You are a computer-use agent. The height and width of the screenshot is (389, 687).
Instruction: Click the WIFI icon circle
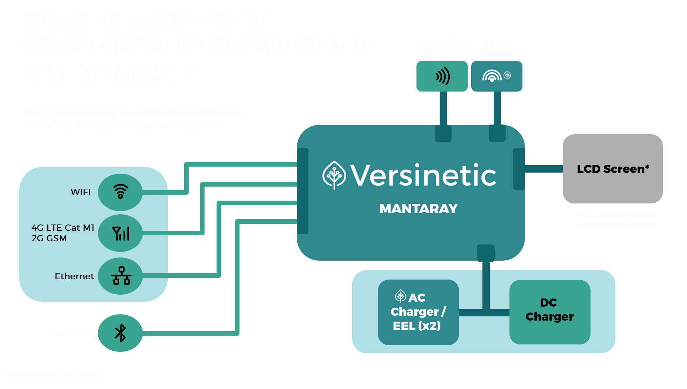point(120,192)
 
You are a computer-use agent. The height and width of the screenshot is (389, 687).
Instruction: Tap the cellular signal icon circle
point(120,233)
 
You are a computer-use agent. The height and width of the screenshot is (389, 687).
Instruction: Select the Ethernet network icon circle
point(120,276)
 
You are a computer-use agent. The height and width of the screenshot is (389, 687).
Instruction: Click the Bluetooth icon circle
point(120,333)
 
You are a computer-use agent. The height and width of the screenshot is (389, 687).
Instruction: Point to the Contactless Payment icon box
point(442,76)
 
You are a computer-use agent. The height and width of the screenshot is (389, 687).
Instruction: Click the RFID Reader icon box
point(496,76)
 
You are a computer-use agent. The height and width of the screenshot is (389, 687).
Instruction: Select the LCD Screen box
point(613,169)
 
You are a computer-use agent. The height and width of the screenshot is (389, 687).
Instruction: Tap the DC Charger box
point(549,312)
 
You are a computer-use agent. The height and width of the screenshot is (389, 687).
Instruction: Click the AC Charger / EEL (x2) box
point(418,312)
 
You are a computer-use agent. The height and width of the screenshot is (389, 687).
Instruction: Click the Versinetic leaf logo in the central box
point(334,175)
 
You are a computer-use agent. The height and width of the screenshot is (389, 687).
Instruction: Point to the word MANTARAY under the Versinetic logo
point(418,209)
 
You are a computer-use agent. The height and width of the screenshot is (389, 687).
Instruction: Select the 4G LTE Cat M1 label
point(63,228)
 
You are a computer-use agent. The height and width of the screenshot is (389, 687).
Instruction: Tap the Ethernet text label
point(74,276)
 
